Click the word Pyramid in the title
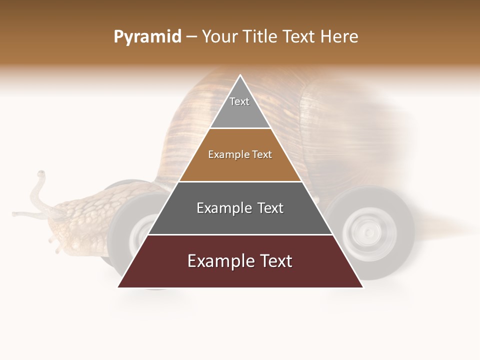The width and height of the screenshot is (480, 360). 147,37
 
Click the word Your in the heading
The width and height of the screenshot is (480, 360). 220,36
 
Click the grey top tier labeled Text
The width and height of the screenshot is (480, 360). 240,107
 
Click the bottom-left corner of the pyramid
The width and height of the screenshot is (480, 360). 118,287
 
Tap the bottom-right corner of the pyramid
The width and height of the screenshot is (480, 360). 362,287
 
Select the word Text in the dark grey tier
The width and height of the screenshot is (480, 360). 269,208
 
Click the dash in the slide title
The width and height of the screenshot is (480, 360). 191,37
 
